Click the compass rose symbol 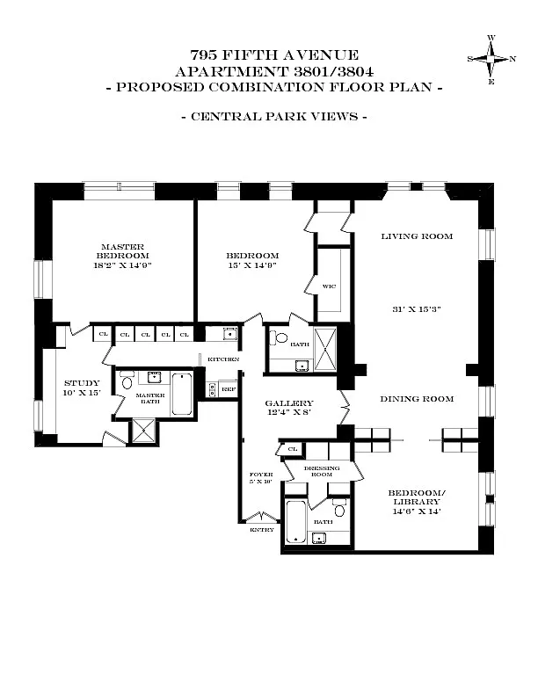tap(491, 59)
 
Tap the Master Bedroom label tap(123, 251)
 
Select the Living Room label tap(417, 236)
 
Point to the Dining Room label tap(417, 399)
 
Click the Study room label tap(82, 383)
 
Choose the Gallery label tap(289, 403)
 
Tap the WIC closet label tap(329, 286)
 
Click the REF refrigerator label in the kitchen tap(229, 389)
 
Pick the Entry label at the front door tap(262, 530)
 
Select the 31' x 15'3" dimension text tap(417, 309)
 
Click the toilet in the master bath tap(127, 382)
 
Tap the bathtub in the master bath tap(182, 394)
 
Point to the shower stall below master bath tap(143, 431)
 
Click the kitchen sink tap(230, 333)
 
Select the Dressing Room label tap(322, 471)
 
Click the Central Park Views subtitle tap(274, 117)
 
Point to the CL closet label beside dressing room tap(293, 449)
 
